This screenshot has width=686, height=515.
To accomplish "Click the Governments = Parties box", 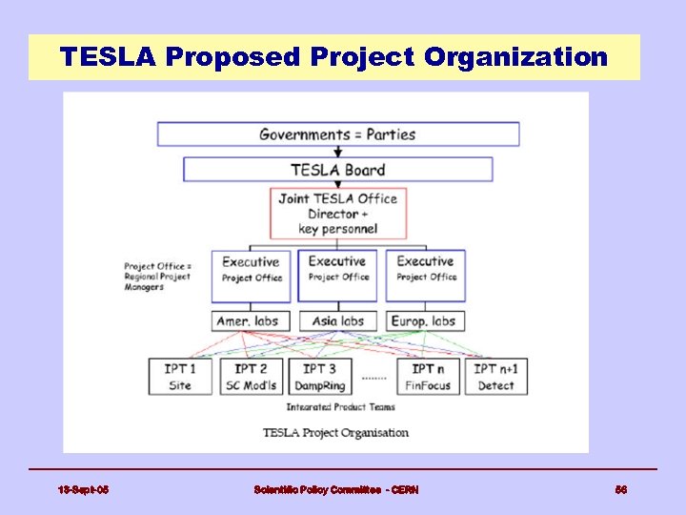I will pyautogui.click(x=337, y=134).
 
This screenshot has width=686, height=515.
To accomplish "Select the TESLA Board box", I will pyautogui.click(x=337, y=170).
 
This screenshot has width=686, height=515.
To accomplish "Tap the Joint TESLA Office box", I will pyautogui.click(x=337, y=213).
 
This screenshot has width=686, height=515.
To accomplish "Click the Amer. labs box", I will pyautogui.click(x=251, y=320).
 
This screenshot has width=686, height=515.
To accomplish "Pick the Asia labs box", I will pyautogui.click(x=337, y=320).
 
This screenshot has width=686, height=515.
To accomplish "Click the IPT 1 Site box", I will pyautogui.click(x=180, y=377).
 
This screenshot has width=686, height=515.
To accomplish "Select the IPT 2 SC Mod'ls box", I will pyautogui.click(x=252, y=377).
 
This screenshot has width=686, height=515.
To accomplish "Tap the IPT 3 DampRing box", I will pyautogui.click(x=321, y=377).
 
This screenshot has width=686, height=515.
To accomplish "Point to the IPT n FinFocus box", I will pyautogui.click(x=425, y=377).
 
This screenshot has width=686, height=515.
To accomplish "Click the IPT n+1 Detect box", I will pyautogui.click(x=495, y=377).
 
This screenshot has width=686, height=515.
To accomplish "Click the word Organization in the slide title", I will pyautogui.click(x=515, y=57).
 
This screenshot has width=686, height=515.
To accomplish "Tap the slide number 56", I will pyautogui.click(x=620, y=489).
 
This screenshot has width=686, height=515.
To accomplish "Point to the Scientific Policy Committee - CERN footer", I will pyautogui.click(x=335, y=489).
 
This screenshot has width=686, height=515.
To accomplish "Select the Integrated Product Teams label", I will pyautogui.click(x=341, y=407).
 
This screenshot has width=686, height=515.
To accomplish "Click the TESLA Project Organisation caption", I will pyautogui.click(x=335, y=432).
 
